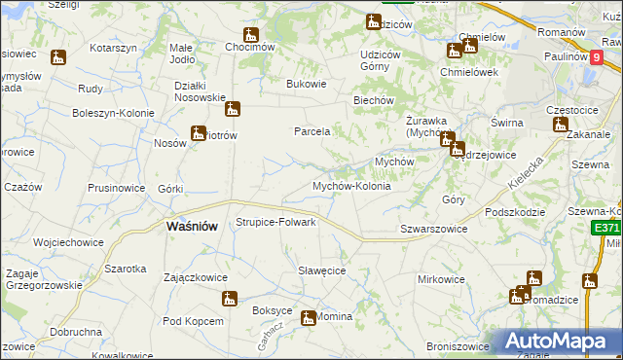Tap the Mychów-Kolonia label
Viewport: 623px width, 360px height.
(351, 186)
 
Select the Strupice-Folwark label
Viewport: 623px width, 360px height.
(276, 222)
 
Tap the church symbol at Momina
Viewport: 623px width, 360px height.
(309, 317)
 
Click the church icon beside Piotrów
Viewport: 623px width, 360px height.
(199, 133)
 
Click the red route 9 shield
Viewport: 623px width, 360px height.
(595, 56)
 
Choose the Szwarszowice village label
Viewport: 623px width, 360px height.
(434, 229)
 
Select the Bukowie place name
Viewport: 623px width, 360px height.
(306, 84)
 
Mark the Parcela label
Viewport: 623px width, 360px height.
(313, 130)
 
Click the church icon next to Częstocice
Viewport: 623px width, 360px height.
(560, 125)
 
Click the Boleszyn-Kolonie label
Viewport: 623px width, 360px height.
(114, 113)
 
